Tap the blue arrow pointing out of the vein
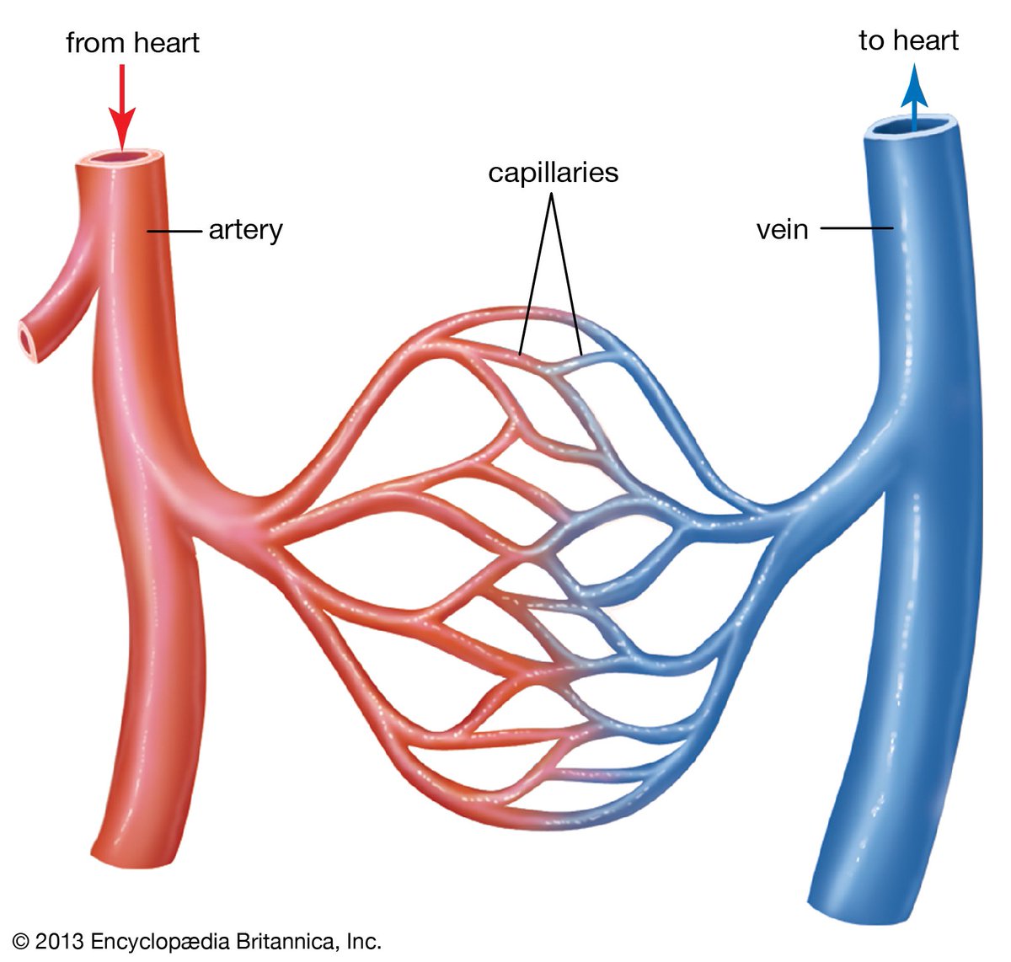[914, 101]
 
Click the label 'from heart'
[132, 42]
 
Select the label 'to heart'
[908, 40]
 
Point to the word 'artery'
[245, 230]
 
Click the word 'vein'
[782, 229]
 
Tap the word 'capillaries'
[553, 173]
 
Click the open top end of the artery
[122, 158]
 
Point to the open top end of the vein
[915, 127]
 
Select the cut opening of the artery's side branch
[30, 339]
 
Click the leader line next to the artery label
[175, 230]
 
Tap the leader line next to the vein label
[856, 228]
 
